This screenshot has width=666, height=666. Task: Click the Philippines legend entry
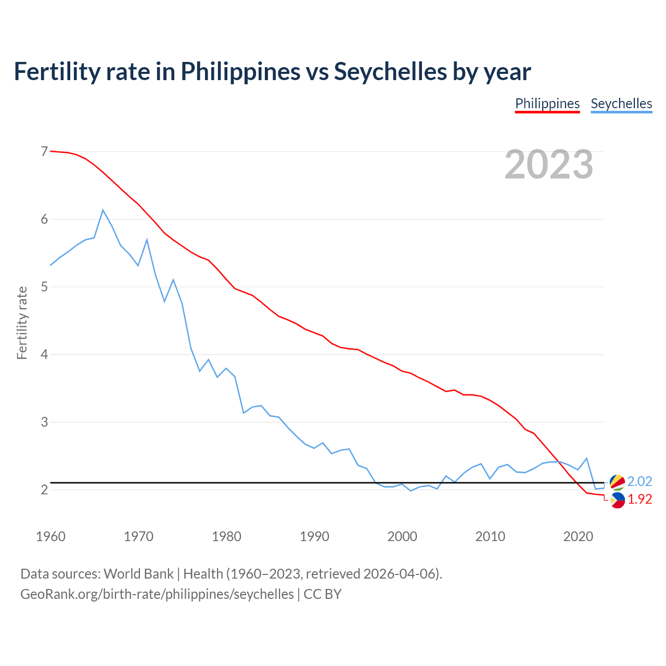[x=547, y=104]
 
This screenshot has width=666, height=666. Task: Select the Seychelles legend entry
[x=621, y=104]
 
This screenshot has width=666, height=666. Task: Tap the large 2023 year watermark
[x=549, y=164]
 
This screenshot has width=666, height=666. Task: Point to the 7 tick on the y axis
[x=44, y=151]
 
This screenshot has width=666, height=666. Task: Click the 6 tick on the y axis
[x=44, y=219]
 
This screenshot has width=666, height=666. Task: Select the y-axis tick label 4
[x=44, y=354]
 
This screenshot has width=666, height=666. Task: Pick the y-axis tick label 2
[x=44, y=490]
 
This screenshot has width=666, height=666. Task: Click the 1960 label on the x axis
[x=50, y=536]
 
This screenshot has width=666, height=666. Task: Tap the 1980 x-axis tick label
[x=226, y=536]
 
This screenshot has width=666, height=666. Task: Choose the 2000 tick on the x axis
[x=402, y=536]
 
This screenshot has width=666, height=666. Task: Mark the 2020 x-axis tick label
[x=578, y=536]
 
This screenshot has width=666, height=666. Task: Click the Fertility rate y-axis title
[x=22, y=323]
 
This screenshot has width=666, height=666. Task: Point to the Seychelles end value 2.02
[x=639, y=481]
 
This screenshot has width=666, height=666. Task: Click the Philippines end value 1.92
[x=639, y=499]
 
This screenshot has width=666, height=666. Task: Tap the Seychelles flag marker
[x=617, y=482]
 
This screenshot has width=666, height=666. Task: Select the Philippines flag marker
[x=617, y=501]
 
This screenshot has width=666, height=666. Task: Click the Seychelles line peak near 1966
[x=103, y=210]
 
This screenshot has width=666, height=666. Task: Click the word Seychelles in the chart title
[x=390, y=71]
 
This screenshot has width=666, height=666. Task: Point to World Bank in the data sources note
[x=138, y=574]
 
